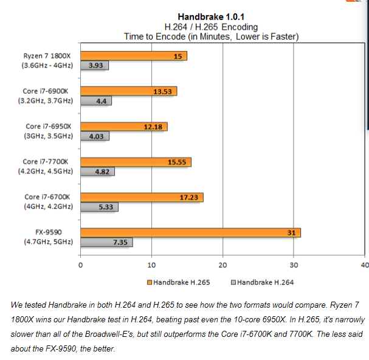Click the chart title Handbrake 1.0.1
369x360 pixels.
(x=211, y=16)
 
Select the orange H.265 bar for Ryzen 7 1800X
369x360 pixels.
(x=134, y=56)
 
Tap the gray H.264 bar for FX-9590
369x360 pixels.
(x=106, y=243)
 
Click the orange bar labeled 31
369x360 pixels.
(x=190, y=232)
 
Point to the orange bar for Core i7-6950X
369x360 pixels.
(x=123, y=126)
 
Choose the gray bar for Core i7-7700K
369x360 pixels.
(x=97, y=172)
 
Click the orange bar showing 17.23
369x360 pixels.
(x=142, y=197)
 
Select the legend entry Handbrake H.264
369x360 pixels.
(x=261, y=282)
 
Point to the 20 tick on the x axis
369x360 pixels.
(x=222, y=265)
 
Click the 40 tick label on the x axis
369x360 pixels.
(x=365, y=265)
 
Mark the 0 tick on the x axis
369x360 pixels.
(x=80, y=265)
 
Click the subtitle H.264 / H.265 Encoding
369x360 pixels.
(x=211, y=27)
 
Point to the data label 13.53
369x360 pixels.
(x=164, y=91)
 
